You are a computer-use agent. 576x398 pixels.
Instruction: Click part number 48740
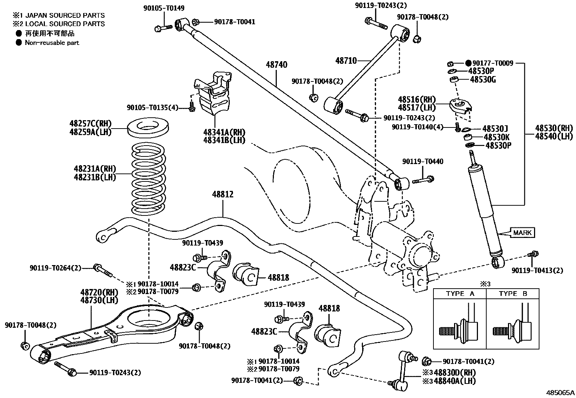(276, 65)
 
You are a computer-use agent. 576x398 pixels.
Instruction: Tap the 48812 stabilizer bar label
(223, 194)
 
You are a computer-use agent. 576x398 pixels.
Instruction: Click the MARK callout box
(522, 232)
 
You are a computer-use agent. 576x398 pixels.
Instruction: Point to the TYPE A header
(460, 294)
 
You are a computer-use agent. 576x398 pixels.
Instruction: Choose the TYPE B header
(513, 294)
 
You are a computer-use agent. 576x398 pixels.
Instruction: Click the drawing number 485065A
(560, 392)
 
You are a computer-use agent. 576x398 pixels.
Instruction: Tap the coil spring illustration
(149, 179)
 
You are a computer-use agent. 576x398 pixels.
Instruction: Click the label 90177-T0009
(492, 63)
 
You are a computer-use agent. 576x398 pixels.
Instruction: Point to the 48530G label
(483, 79)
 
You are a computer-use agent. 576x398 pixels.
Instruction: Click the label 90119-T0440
(422, 161)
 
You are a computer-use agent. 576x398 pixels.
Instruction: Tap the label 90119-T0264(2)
(55, 268)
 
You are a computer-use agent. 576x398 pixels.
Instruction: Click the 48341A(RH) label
(224, 132)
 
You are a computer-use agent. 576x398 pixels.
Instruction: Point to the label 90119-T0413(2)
(537, 271)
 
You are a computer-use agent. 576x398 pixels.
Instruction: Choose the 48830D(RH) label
(454, 373)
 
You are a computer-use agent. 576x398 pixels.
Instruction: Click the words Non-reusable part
(52, 43)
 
